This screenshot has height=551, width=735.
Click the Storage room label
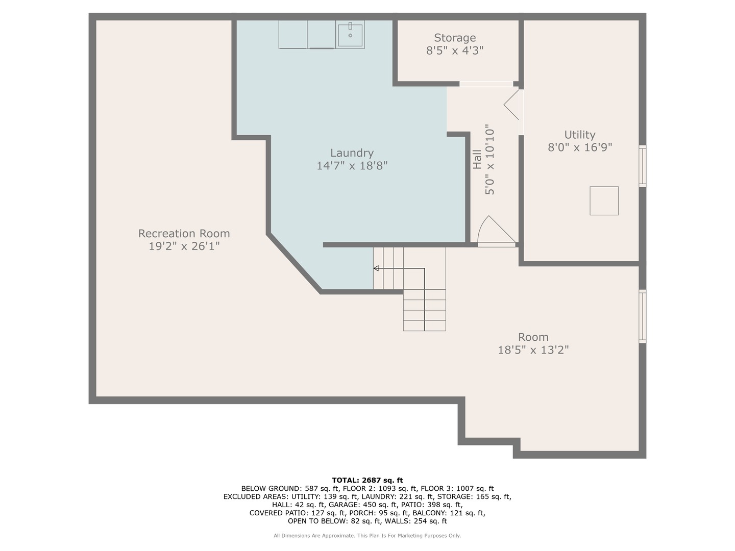(454, 38)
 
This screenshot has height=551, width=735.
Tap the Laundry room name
(352, 153)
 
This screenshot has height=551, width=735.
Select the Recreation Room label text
(184, 233)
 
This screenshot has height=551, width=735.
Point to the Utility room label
(580, 135)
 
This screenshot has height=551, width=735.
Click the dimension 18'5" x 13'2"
(533, 350)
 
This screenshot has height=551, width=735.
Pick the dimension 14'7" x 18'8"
(352, 166)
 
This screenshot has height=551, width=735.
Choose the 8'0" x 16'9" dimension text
(580, 147)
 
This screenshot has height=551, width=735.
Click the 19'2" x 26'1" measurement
(184, 246)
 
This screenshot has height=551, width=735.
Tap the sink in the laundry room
(350, 35)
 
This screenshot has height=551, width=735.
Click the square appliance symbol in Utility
(604, 201)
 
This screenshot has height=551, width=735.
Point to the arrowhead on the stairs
(376, 268)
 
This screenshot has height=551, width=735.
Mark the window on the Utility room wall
(642, 166)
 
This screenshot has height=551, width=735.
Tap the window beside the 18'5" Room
(642, 316)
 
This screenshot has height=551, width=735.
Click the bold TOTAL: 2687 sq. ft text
(367, 481)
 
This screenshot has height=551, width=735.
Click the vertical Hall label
(477, 160)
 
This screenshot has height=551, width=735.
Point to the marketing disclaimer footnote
(367, 536)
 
